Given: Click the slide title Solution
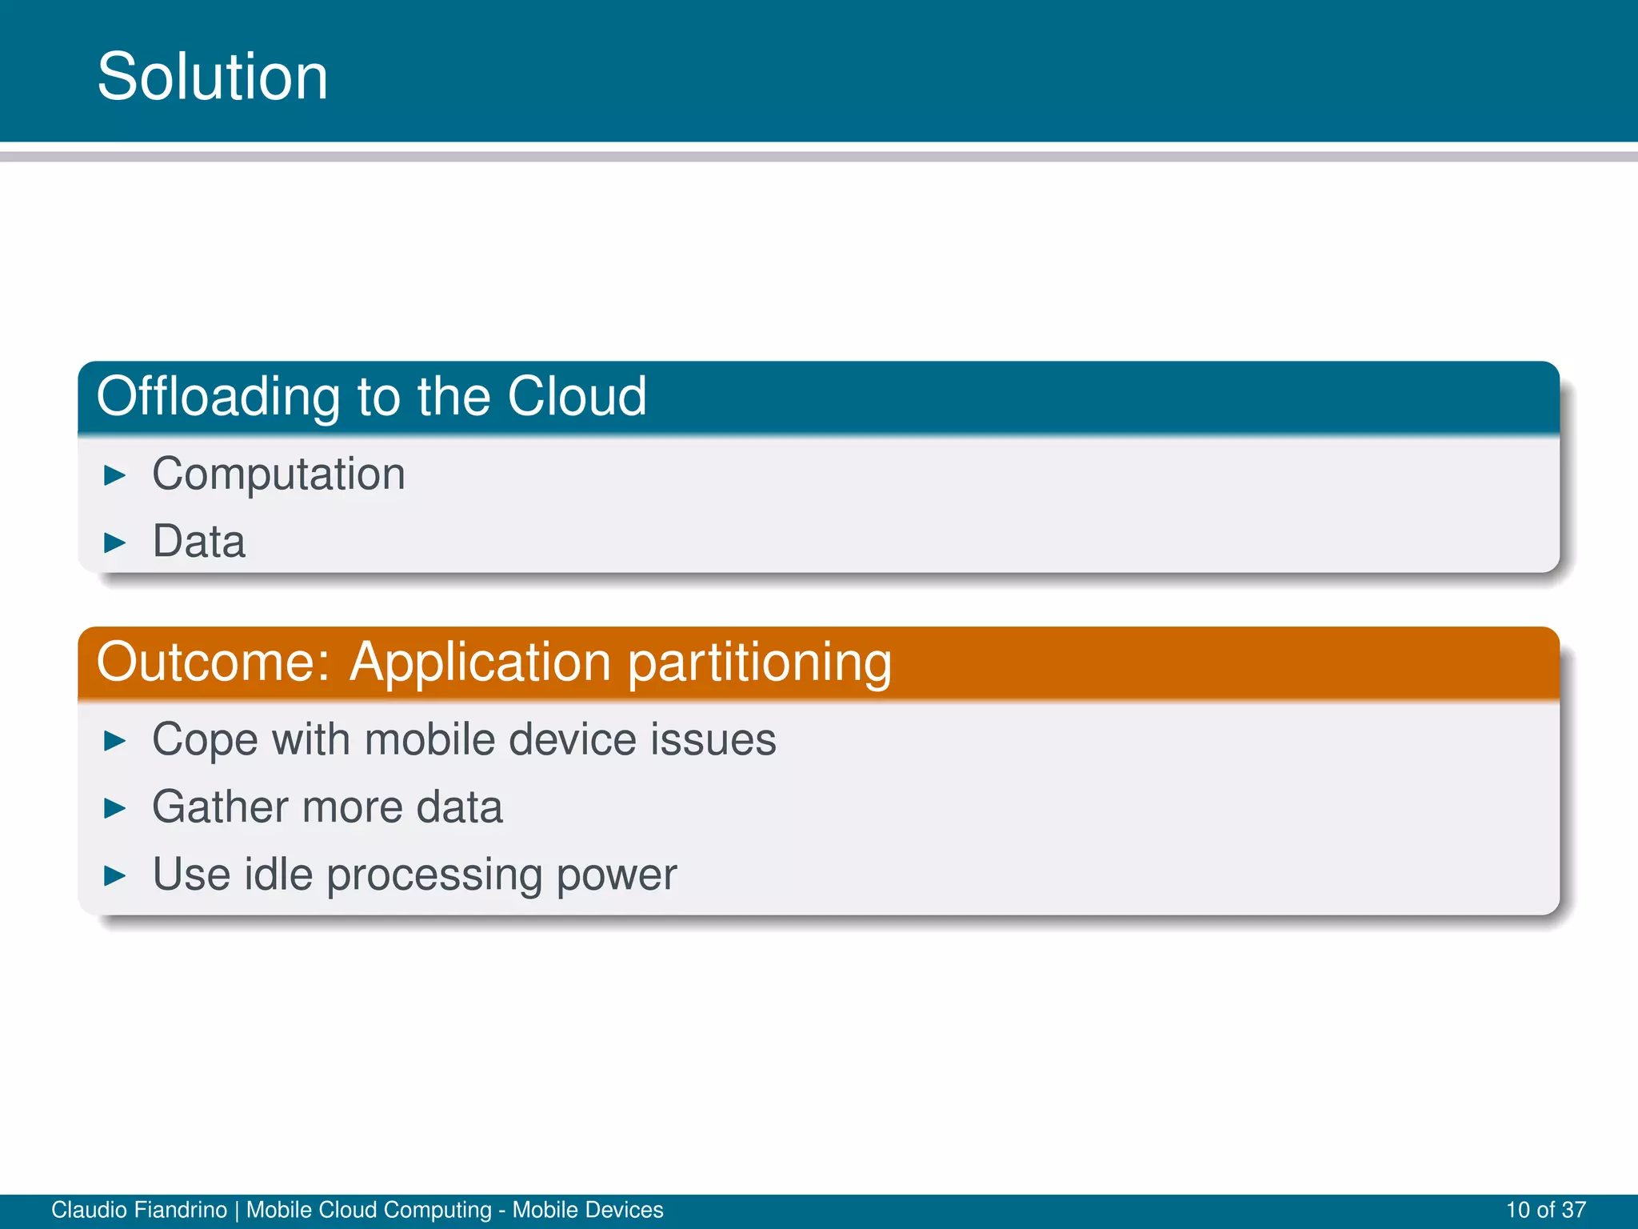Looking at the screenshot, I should coord(213,77).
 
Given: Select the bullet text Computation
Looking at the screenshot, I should coord(278,474).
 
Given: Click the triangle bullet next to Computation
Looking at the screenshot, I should coord(115,476).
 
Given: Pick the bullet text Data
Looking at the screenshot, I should coord(198,542).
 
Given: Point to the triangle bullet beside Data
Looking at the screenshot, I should coord(115,543).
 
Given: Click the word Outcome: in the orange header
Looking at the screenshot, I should coord(213,663).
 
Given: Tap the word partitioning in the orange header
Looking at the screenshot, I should coord(759,664).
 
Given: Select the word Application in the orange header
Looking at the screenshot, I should coord(481,664).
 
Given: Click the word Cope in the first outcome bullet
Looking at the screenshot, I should coord(205,741).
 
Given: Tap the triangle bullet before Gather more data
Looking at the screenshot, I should coord(115,809).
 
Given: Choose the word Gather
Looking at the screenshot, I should coord(220,807).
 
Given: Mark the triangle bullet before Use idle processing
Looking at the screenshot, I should coord(115,876).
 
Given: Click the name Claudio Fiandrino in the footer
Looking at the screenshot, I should coord(139,1210).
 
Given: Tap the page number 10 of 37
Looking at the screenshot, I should coord(1545,1210).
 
